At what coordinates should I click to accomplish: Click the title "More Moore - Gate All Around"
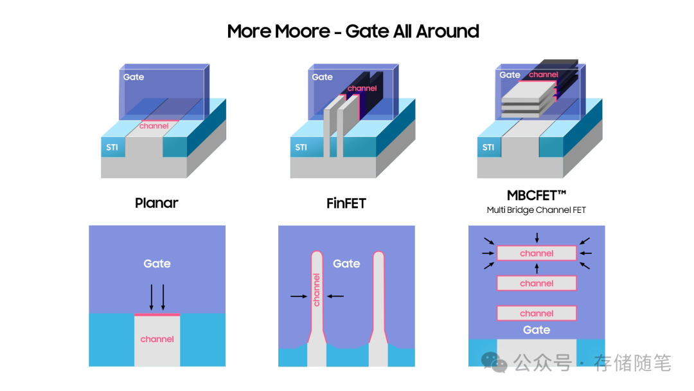(353, 31)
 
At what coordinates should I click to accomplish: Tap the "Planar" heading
(157, 203)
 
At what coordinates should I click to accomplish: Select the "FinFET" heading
(346, 203)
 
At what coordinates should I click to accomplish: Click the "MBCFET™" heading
(536, 195)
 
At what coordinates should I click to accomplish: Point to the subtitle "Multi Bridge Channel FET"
(536, 210)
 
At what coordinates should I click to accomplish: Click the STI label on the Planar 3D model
(112, 147)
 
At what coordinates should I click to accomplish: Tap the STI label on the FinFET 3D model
(301, 147)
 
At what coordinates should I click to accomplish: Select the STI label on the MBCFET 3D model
(488, 147)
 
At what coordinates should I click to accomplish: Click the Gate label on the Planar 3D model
(134, 77)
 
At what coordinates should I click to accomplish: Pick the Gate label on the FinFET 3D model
(322, 77)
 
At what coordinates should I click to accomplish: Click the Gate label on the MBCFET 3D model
(510, 75)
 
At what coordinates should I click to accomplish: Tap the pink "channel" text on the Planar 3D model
(154, 126)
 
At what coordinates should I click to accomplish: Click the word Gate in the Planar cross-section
(157, 264)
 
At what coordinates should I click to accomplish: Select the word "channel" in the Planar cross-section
(157, 339)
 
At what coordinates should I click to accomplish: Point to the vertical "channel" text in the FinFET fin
(316, 289)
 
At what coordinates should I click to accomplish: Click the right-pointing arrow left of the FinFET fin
(298, 296)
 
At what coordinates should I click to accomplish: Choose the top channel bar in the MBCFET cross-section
(537, 253)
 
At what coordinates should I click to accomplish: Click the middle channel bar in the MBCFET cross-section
(537, 283)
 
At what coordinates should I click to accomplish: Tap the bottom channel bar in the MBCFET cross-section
(537, 313)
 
